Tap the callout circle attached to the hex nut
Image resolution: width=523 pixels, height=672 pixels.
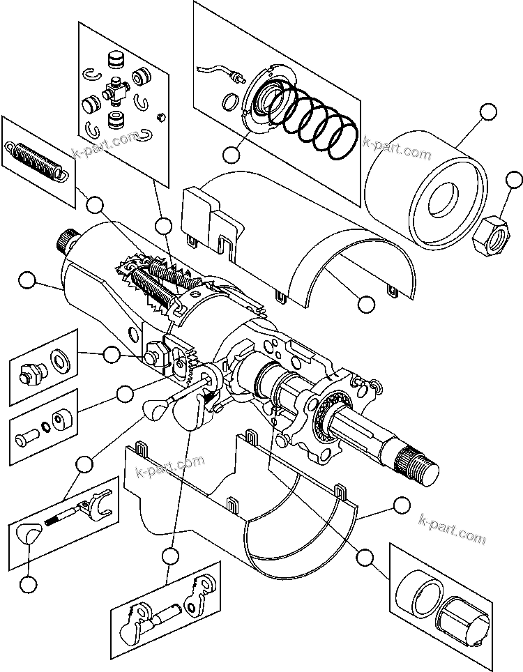coord(514,180)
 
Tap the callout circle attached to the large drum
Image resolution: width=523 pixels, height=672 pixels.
coord(488,112)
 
